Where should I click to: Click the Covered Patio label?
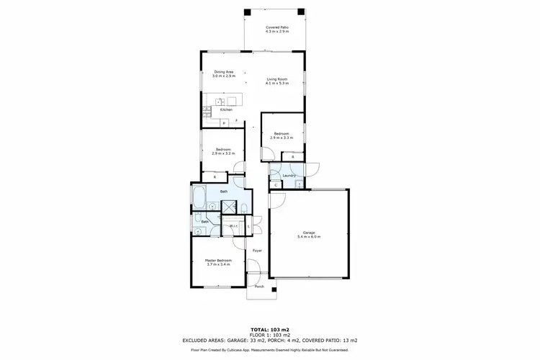point(277,30)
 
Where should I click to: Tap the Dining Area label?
point(224,73)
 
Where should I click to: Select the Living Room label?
point(277,81)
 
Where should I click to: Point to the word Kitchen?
point(226,109)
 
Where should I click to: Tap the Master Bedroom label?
point(216,263)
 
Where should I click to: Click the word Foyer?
point(256,251)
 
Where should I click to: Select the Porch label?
point(259,287)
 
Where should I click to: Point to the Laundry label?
point(290,175)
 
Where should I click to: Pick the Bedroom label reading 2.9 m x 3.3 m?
point(280,135)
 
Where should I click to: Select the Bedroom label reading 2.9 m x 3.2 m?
point(222,152)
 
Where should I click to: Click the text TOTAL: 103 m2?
point(269,328)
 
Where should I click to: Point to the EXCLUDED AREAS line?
point(269,340)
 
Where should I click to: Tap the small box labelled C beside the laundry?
point(277,185)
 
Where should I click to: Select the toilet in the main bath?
point(245,210)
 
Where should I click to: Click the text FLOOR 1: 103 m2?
point(269,334)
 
